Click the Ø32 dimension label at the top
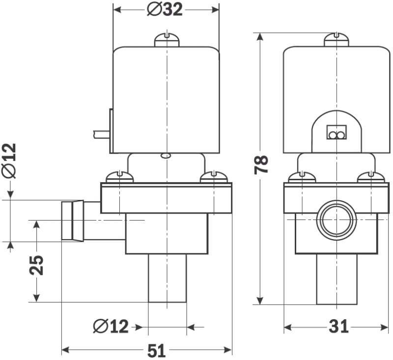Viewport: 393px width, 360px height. (x=165, y=9)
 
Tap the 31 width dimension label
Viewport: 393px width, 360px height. (x=338, y=326)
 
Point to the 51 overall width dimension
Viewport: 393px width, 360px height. (x=157, y=350)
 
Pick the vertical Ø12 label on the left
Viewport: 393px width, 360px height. (x=9, y=161)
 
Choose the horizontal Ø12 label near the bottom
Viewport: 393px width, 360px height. (x=111, y=326)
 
